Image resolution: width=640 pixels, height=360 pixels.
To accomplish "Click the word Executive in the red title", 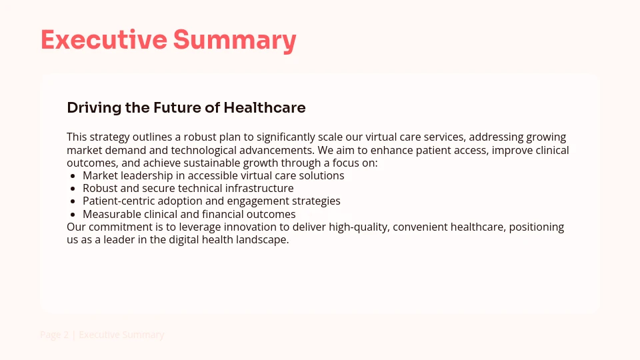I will [103, 40].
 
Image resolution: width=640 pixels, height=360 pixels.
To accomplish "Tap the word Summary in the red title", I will [235, 40].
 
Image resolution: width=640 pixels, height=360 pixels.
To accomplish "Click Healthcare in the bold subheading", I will [265, 108].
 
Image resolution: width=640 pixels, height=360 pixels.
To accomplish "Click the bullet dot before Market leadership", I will [73, 176].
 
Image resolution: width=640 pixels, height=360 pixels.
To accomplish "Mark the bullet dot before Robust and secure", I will [73, 189].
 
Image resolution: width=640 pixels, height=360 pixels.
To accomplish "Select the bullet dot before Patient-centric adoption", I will [73, 201].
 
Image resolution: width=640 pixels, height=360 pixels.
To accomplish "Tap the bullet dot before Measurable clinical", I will [73, 215].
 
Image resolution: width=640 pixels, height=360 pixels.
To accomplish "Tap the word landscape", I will [263, 240].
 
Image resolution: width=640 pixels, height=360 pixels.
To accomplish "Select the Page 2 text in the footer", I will [54, 335].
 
